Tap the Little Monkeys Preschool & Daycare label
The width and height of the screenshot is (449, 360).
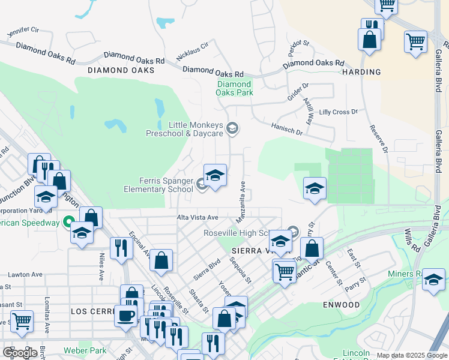tap(185, 129)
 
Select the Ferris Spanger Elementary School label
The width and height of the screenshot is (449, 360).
tap(158, 185)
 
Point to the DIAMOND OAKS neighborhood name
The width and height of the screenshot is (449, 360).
tap(121, 70)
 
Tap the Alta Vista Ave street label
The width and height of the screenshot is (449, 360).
tap(197, 217)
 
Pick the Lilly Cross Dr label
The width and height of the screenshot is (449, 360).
tap(338, 112)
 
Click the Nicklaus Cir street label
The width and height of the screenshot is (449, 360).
tap(192, 52)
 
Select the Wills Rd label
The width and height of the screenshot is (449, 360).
tap(411, 239)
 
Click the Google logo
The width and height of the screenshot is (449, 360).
tap(20, 353)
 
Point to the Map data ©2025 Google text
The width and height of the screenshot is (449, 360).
tap(412, 355)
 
